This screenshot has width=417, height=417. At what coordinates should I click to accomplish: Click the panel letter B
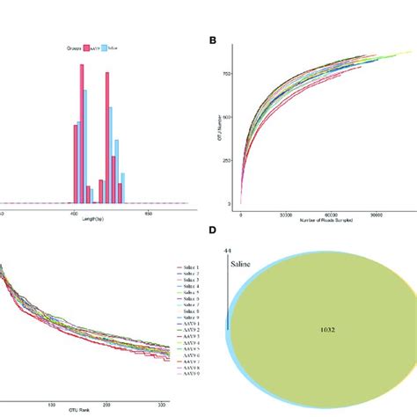(x=212, y=41)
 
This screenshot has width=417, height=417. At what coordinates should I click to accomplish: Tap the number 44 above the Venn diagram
(x=227, y=252)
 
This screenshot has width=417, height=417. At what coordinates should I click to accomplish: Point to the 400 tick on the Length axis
(x=74, y=212)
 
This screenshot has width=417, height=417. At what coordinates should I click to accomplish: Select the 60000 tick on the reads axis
(x=333, y=212)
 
